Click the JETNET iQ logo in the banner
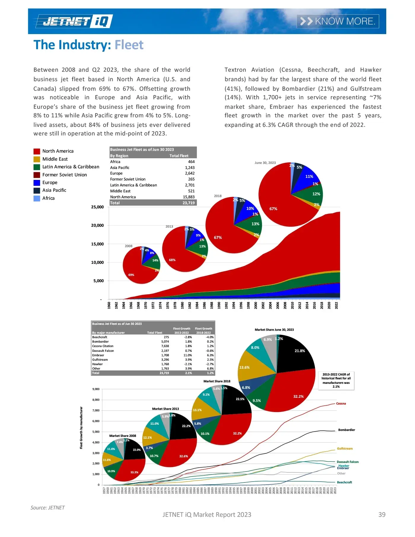coord(74,21)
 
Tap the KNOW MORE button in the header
coord(338,21)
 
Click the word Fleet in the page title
coord(129,45)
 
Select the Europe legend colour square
coord(37,183)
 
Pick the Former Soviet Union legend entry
coord(64,175)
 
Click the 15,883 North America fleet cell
coord(189,197)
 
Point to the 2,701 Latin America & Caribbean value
coord(190,185)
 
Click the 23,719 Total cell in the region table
coord(189,203)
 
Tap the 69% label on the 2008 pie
coord(131,275)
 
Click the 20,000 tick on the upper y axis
coord(97,226)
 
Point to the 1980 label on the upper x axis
coord(182,305)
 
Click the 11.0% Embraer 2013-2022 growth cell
coord(187,355)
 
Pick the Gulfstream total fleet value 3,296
coord(165,359)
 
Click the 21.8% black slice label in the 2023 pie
coord(300,351)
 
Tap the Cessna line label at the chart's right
coord(341,404)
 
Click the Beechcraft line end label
coord(344,482)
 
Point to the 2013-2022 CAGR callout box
coord(336,381)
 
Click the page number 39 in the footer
coord(382,515)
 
